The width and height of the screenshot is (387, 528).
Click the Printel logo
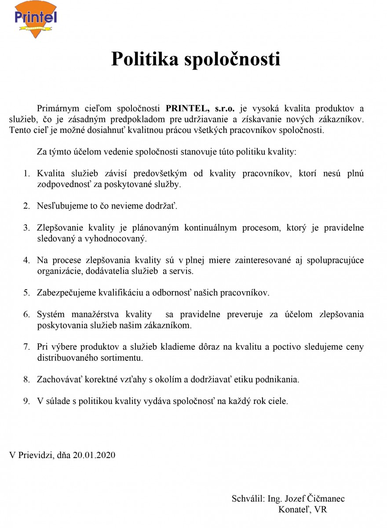[x=36, y=19]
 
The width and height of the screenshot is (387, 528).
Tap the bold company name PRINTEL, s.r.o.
[x=200, y=108]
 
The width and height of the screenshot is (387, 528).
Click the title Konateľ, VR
[x=303, y=510]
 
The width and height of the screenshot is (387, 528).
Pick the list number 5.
[x=26, y=292]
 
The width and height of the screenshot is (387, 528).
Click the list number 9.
[x=26, y=401]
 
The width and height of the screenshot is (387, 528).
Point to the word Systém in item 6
[x=51, y=314]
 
